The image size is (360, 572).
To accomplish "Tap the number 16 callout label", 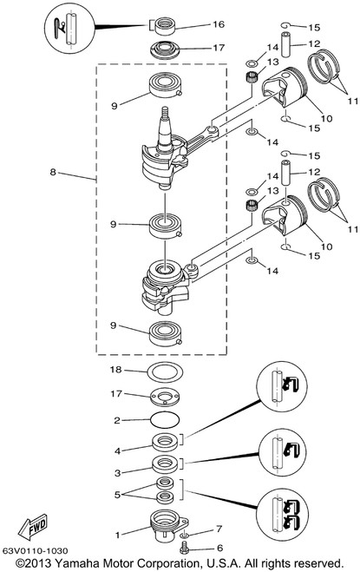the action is click(x=219, y=24).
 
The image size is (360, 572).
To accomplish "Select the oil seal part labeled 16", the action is click(x=165, y=26).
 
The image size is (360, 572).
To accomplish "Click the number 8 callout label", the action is click(x=53, y=172).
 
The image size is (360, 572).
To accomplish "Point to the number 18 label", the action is click(x=115, y=370).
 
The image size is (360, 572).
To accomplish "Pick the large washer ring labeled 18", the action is click(x=165, y=372).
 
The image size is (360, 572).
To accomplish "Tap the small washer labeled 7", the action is click(x=185, y=535).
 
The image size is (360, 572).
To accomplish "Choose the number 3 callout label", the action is click(x=117, y=473).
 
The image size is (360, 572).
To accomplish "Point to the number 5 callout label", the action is click(x=117, y=495).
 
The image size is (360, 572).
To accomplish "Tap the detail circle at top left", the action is click(x=69, y=29).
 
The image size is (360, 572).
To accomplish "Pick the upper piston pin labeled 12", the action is click(x=285, y=44).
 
